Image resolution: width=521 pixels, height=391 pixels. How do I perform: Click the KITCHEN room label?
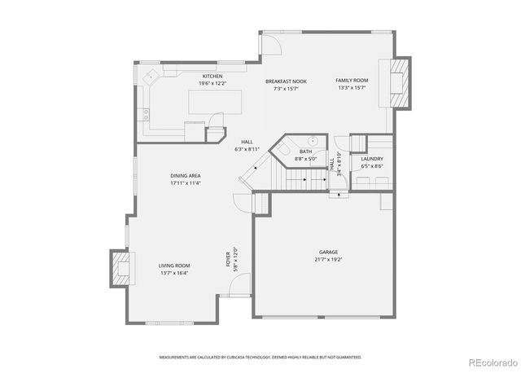(x=212, y=77)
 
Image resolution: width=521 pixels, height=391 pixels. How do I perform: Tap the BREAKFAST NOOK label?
(x=286, y=81)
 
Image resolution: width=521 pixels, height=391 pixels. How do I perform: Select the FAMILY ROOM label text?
(x=352, y=81)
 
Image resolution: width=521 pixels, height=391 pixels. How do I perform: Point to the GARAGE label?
(x=328, y=253)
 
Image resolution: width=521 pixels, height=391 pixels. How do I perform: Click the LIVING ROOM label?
(x=174, y=266)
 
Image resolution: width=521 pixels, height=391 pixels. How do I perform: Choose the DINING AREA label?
(x=186, y=176)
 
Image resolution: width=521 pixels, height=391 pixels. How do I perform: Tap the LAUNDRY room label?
(x=372, y=160)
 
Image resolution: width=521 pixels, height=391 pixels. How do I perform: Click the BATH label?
(x=305, y=152)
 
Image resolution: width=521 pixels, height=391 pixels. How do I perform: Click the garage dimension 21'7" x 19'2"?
(x=328, y=260)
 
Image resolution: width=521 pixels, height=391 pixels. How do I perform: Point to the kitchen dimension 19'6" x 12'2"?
(x=212, y=84)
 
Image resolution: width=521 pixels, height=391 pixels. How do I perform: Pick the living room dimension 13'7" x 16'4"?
(x=174, y=273)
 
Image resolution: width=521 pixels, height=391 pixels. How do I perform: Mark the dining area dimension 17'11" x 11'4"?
(x=186, y=183)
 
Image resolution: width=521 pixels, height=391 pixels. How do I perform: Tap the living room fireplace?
(x=120, y=268)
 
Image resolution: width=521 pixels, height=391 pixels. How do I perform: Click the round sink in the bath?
(x=312, y=140)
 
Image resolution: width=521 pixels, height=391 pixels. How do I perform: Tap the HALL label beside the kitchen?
(x=247, y=143)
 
